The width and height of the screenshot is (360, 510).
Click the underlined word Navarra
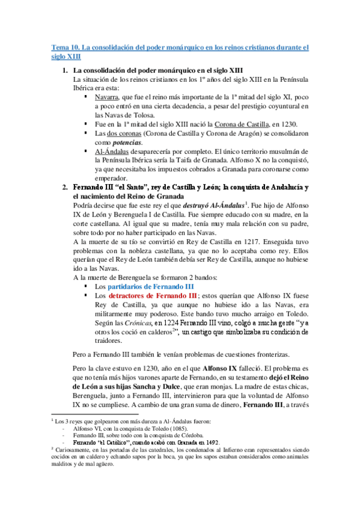click(x=106, y=96)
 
